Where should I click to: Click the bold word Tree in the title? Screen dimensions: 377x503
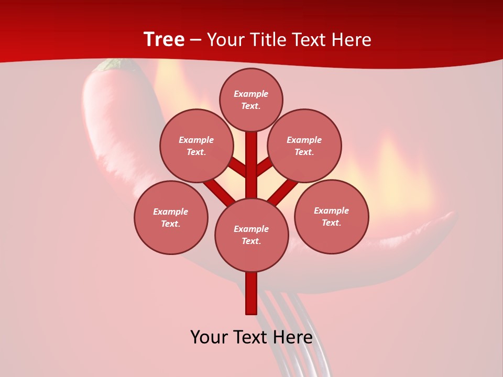pos(164,40)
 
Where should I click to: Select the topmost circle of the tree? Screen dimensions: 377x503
pos(251,99)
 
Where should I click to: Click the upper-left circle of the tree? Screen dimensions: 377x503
pos(196,146)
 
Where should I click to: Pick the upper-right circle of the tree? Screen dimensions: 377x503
pos(304,146)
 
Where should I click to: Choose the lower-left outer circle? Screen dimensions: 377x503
pos(171,217)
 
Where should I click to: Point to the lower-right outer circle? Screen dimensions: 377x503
pos(331,216)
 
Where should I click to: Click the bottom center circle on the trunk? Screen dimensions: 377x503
pos(251,235)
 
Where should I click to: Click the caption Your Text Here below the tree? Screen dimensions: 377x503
pos(251,337)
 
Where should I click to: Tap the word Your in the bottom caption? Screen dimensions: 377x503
pos(210,337)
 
